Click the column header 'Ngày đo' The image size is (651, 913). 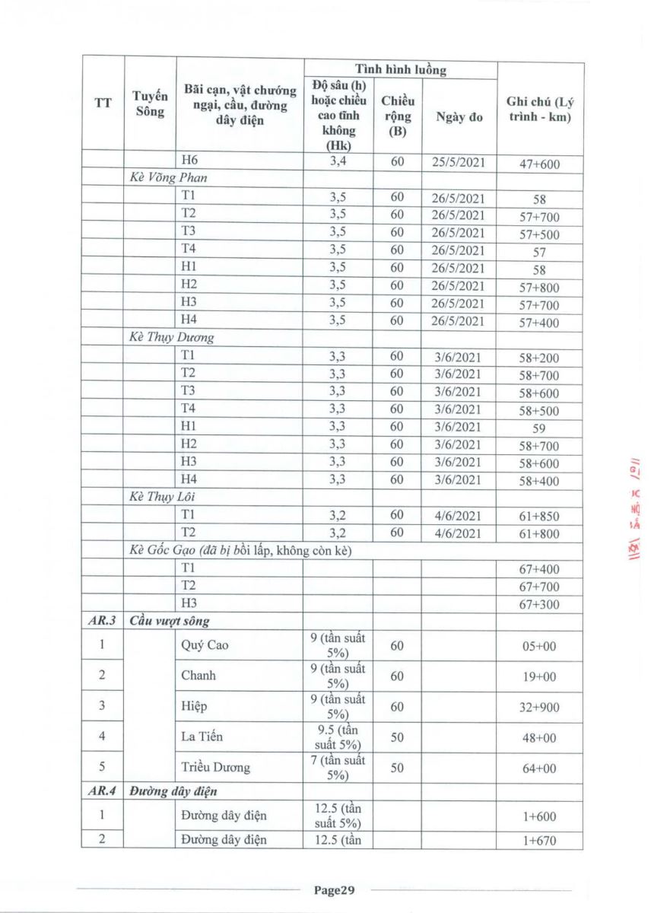tap(459, 117)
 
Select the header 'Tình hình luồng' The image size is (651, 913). tap(401, 69)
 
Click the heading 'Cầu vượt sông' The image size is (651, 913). tap(170, 622)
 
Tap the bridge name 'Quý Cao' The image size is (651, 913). tap(205, 646)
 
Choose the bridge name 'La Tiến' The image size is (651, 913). tap(202, 736)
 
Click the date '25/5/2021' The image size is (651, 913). tap(459, 162)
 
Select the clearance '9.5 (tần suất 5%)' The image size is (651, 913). tap(338, 736)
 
